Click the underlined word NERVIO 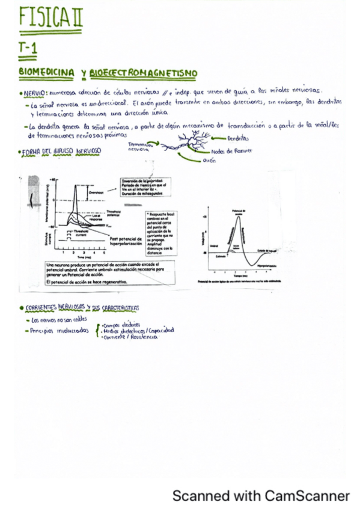coord(34,94)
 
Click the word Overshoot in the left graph coord(96,192)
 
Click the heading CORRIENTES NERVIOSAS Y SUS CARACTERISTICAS coord(82,308)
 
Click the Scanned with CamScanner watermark coord(261,496)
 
